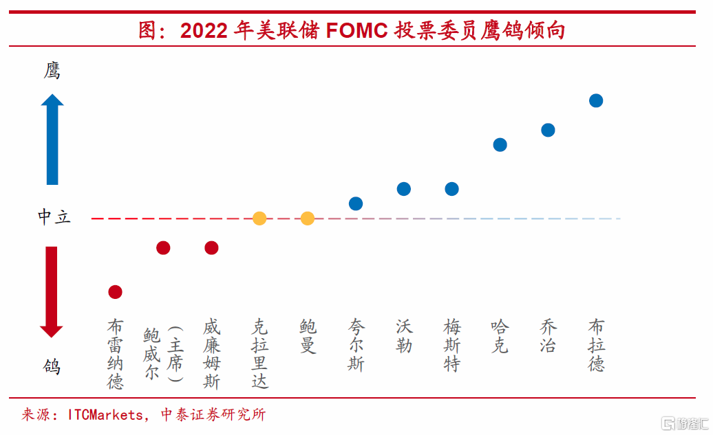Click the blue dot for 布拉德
596,100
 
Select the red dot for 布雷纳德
115,292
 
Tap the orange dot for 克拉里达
259,219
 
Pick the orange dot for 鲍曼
308,219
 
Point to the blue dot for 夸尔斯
356,203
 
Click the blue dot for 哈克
500,144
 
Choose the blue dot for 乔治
548,130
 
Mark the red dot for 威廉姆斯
211,247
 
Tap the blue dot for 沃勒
404,189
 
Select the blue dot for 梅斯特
452,189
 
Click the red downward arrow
52,291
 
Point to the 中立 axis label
54,218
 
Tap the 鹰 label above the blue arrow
52,71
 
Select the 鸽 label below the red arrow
52,366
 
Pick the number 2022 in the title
205,31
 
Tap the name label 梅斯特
452,345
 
